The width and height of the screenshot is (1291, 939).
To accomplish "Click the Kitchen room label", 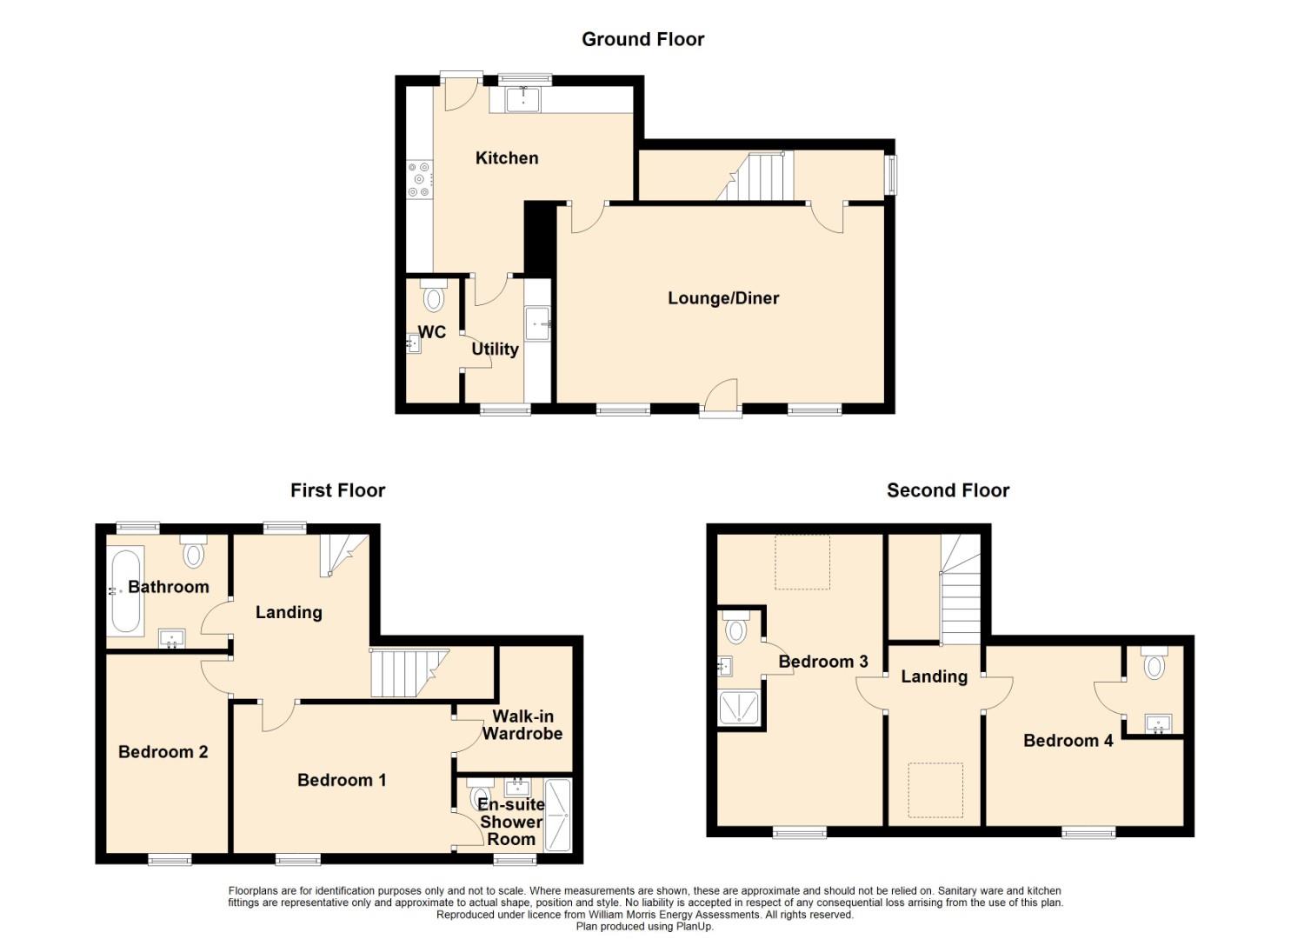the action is click(x=507, y=158).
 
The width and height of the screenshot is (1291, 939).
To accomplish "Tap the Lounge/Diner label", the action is click(x=723, y=298).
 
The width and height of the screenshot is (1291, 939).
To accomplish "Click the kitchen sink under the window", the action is click(x=522, y=100).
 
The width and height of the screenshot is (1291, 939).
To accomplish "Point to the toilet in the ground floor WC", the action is click(x=433, y=295).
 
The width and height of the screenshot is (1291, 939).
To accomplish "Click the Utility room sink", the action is click(x=538, y=324).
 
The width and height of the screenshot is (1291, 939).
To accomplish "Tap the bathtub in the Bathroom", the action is click(x=126, y=591).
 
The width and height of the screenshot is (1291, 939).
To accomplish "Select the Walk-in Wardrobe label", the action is click(x=522, y=724).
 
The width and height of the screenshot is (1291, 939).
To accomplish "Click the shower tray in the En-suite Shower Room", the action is click(x=557, y=815).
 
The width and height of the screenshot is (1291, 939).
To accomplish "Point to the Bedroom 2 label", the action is click(x=163, y=752).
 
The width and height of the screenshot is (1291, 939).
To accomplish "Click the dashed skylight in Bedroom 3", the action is click(x=802, y=562).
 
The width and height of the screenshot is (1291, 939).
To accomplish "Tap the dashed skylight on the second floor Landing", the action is click(x=935, y=790).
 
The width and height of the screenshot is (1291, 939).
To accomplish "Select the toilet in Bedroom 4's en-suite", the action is click(x=1154, y=663).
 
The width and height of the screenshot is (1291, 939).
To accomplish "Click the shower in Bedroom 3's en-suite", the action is click(x=739, y=708).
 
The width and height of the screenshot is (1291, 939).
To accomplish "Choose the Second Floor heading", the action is click(x=948, y=490).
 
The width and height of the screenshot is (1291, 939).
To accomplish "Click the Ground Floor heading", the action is click(x=642, y=39).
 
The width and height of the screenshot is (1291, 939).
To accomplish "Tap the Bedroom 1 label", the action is click(x=342, y=780).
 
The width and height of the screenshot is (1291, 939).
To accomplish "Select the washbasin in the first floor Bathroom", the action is click(x=172, y=638).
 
